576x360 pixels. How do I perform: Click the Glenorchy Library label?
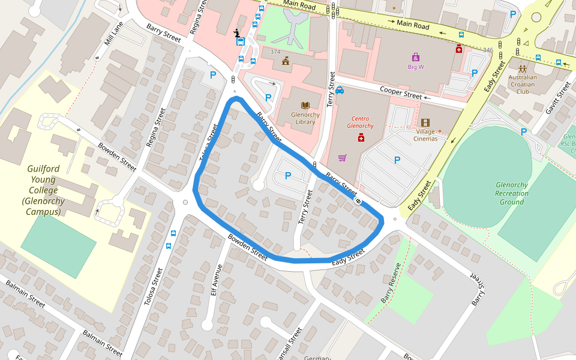coord(306,118)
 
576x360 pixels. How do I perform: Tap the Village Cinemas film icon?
coord(425,123)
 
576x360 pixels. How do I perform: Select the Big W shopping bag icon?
coord(415,57)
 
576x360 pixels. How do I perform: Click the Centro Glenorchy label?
coord(361,122)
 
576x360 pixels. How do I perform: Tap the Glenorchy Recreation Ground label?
coord(512,193)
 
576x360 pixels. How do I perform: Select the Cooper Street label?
coord(401,92)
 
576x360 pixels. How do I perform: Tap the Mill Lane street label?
coord(113,36)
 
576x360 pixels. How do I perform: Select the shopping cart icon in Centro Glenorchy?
coord(342,158)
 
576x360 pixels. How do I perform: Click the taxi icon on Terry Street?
coord(340,91)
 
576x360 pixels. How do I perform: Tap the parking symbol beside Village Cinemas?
coord(397,160)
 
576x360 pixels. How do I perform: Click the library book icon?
coord(305,104)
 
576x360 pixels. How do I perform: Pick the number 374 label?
coord(275,52)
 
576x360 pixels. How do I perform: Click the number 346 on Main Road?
coord(488,50)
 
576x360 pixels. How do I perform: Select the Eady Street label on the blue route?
coord(348,256)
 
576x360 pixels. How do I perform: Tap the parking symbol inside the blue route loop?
coord(287,175)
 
